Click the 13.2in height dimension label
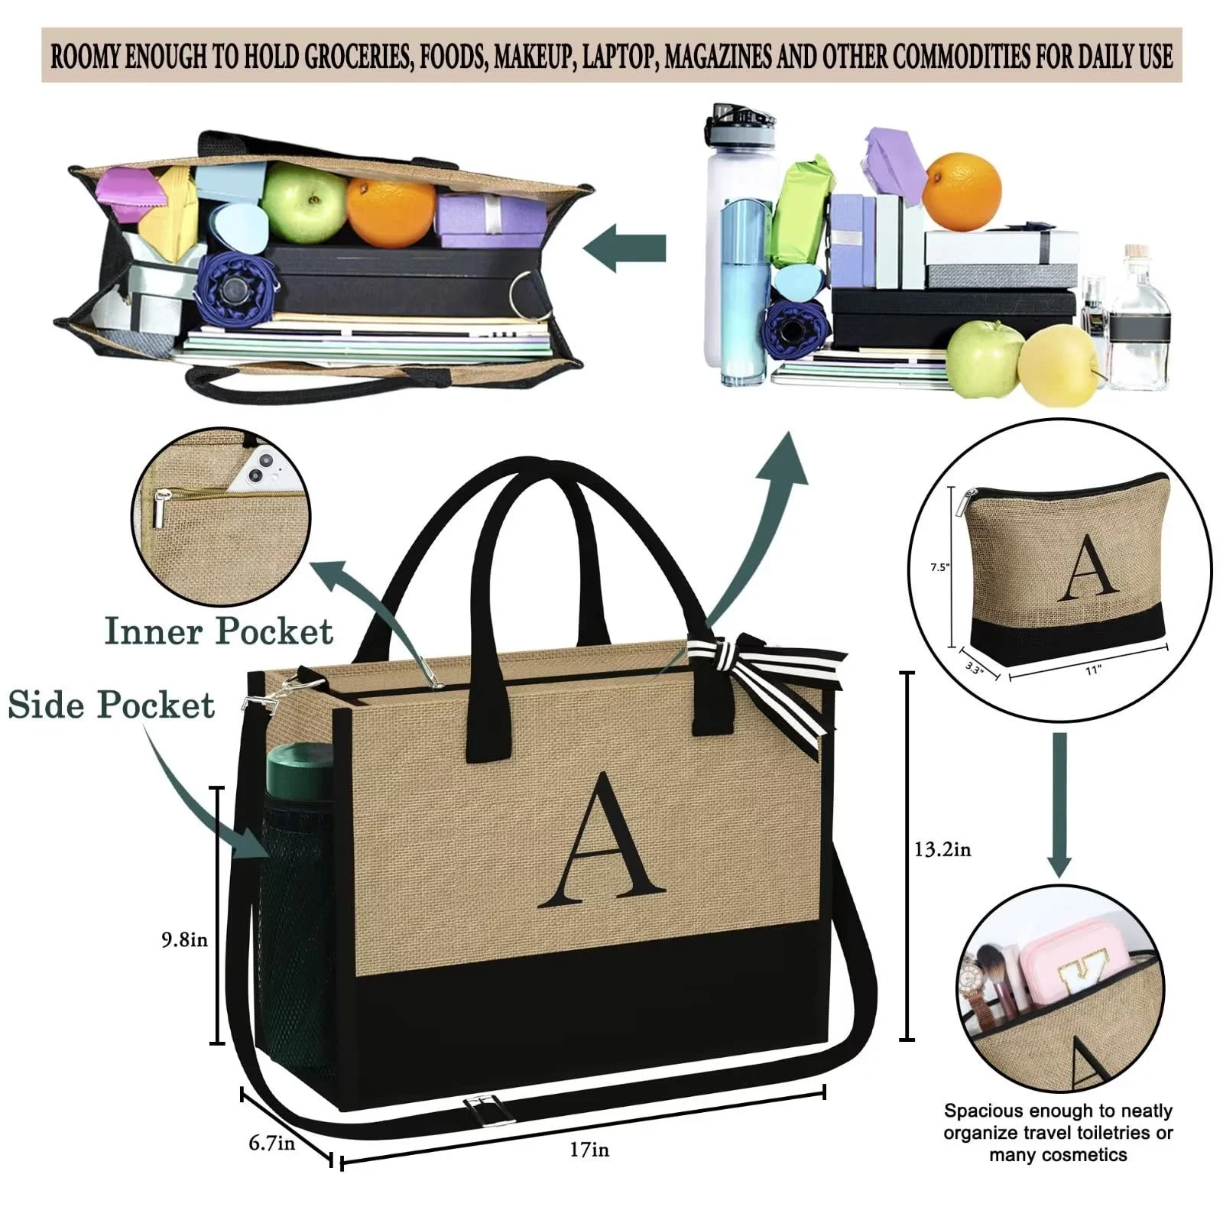[x=942, y=849]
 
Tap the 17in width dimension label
[x=589, y=1149]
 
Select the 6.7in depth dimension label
[x=271, y=1144]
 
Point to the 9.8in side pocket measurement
[x=184, y=939]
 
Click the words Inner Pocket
[x=219, y=631]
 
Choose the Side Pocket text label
[x=112, y=705]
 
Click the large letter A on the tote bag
[x=602, y=841]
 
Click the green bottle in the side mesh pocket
[x=300, y=772]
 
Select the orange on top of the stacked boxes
[x=962, y=191]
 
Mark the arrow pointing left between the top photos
[x=624, y=248]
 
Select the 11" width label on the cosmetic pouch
[x=1092, y=670]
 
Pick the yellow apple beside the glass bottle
[x=1057, y=365]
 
